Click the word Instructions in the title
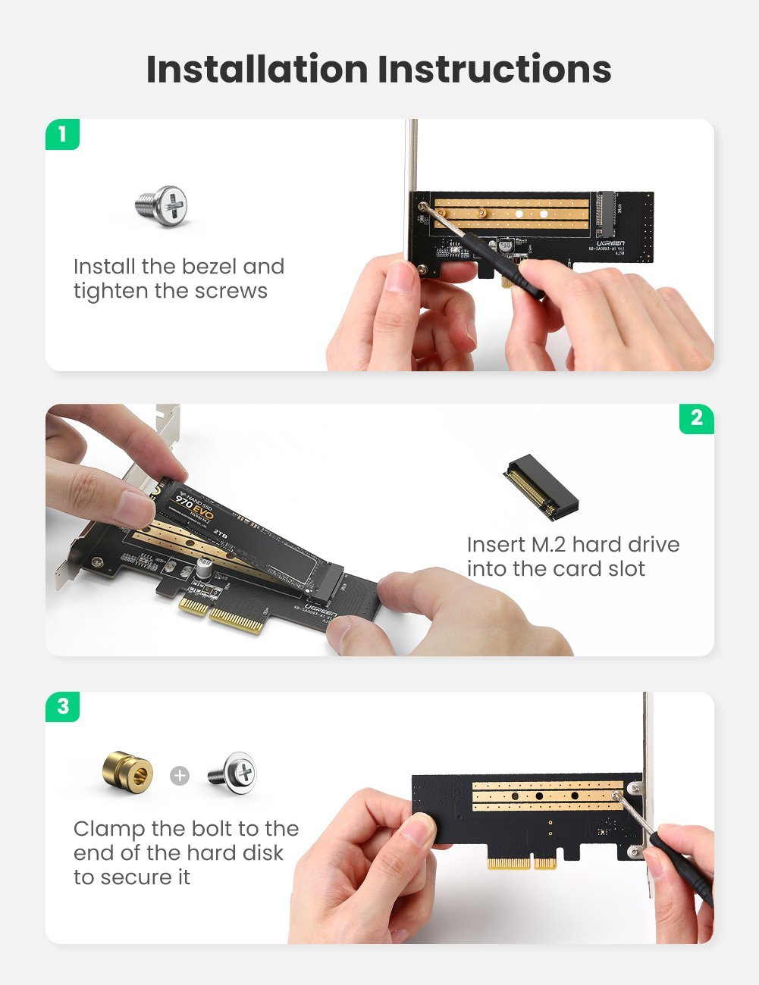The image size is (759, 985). (x=494, y=69)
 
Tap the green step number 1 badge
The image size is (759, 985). (x=62, y=135)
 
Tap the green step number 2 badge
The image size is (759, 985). (x=696, y=418)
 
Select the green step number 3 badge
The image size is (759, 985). (x=62, y=706)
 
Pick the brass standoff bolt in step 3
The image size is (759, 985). (x=127, y=773)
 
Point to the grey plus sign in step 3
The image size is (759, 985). (x=180, y=776)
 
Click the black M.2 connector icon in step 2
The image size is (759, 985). (x=540, y=489)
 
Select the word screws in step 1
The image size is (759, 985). (x=231, y=292)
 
